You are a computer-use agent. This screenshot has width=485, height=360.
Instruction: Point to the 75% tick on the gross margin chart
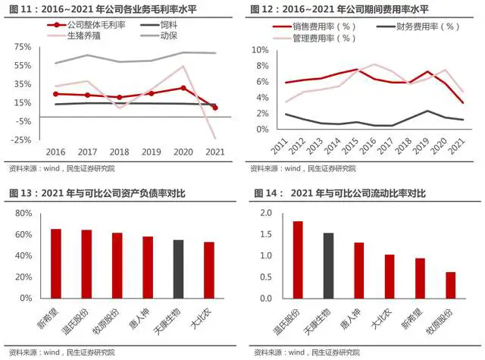[22, 47]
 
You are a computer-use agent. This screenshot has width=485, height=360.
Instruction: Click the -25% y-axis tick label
[21, 140]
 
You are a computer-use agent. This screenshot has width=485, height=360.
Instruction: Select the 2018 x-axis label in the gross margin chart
[116, 151]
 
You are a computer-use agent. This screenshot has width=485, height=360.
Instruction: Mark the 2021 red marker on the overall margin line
[214, 108]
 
